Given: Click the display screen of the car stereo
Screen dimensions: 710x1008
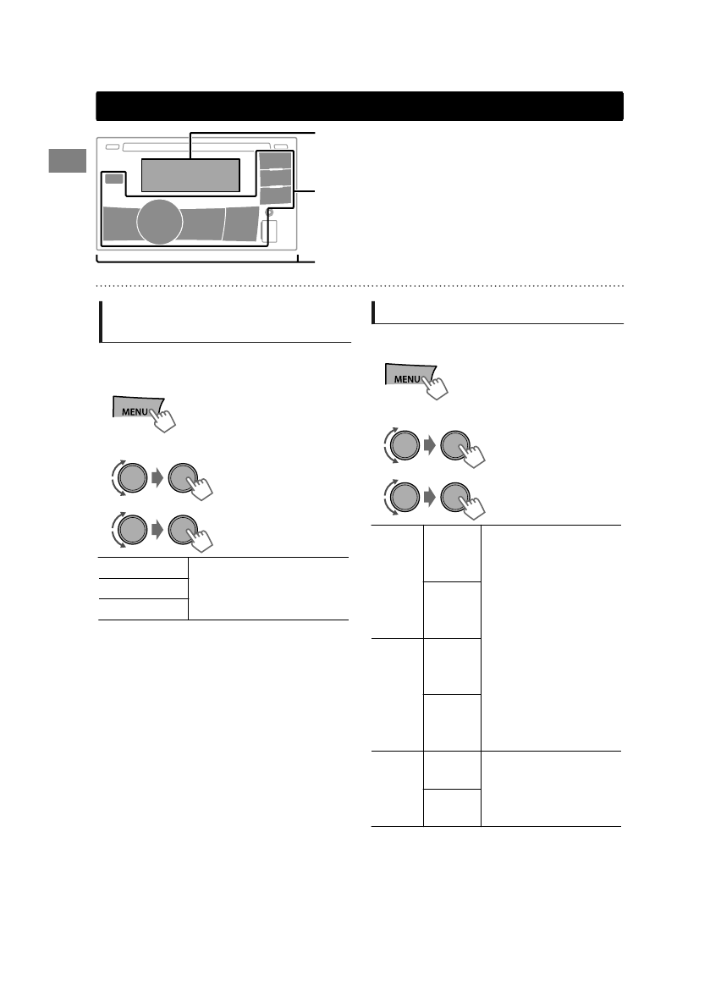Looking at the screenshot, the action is [190, 174].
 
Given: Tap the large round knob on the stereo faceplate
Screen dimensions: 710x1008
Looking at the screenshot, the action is [159, 222].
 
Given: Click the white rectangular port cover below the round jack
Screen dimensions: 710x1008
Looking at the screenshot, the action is [272, 231].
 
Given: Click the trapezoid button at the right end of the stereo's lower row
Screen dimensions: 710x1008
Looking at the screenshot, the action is [240, 224].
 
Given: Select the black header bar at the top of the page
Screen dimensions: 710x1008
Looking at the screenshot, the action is [360, 107].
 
